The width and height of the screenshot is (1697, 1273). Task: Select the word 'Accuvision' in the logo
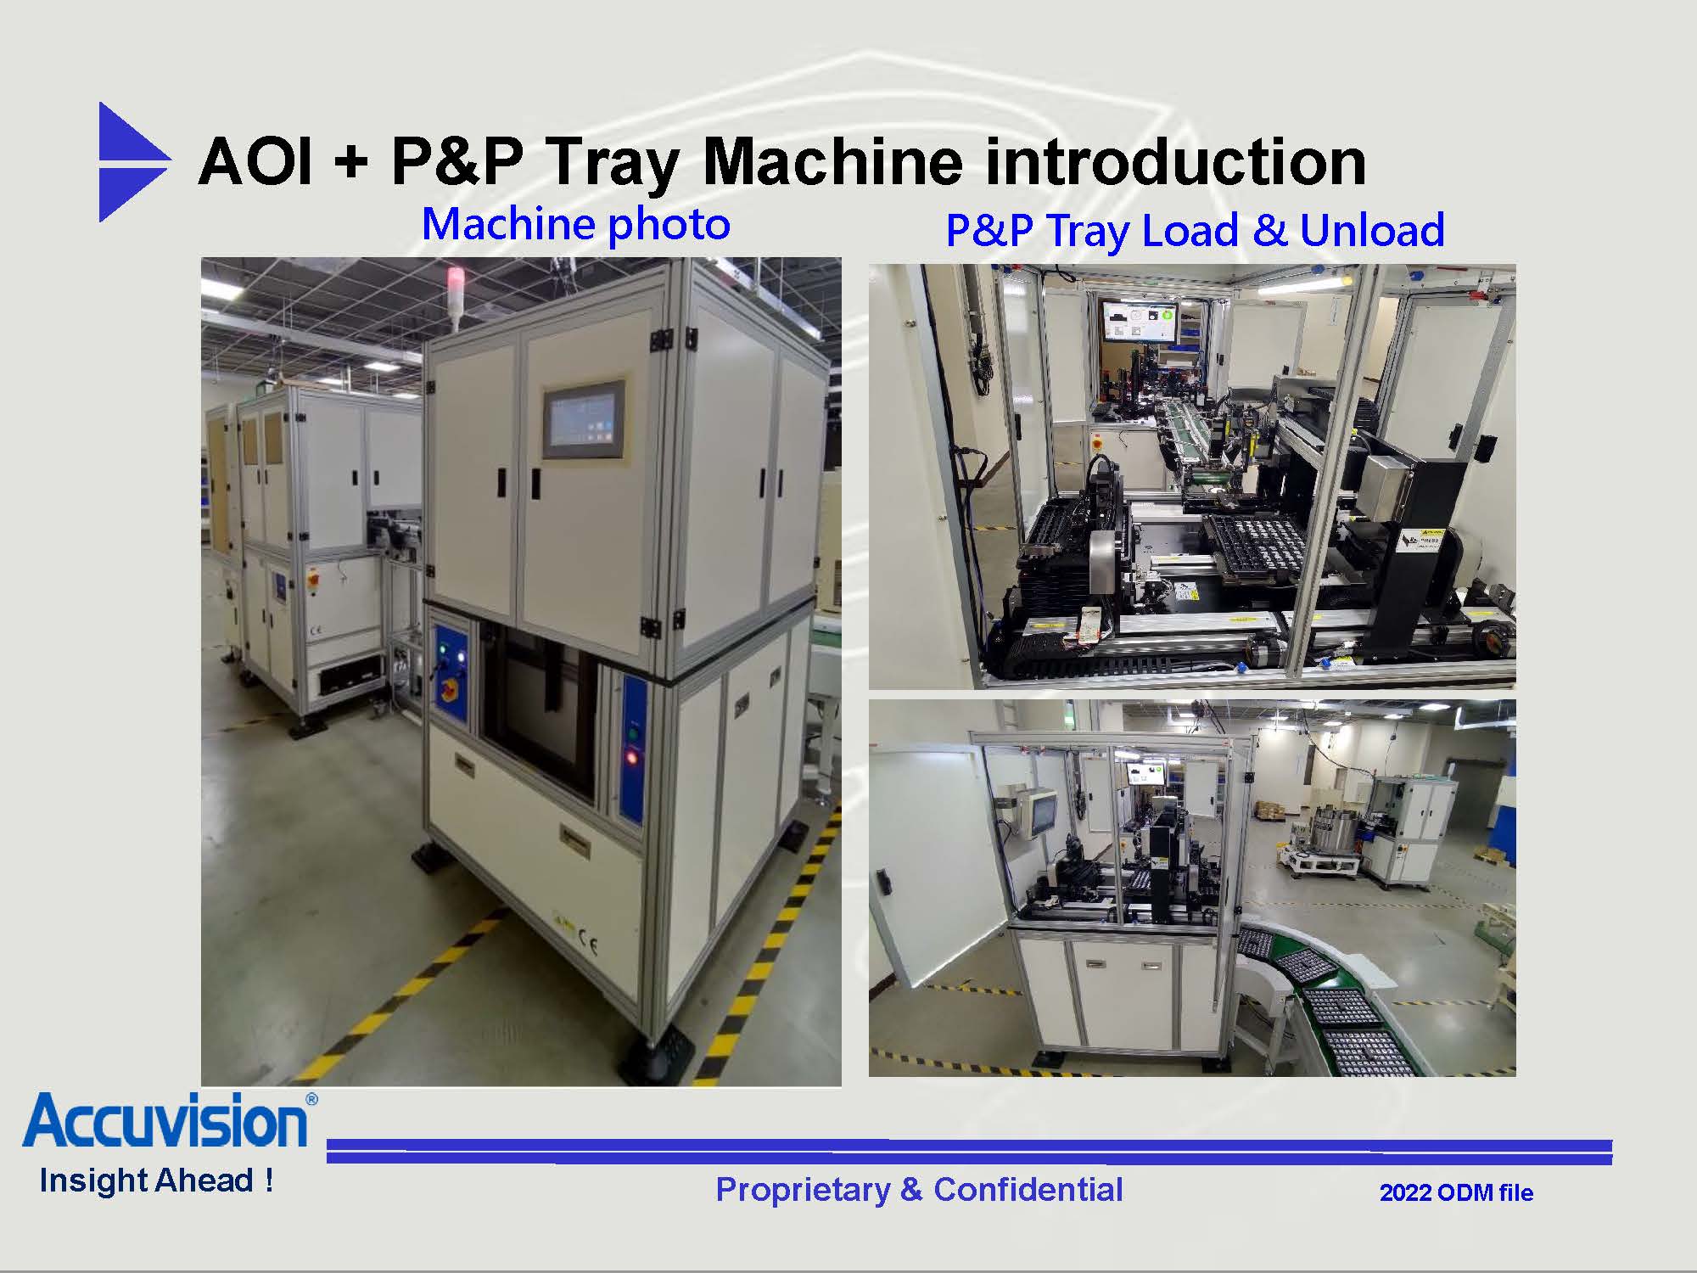click(x=165, y=1122)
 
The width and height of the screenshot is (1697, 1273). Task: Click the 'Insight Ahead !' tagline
click(x=157, y=1180)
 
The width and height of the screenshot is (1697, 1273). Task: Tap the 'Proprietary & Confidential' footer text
click(x=919, y=1190)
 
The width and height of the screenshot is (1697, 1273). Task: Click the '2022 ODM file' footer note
click(x=1456, y=1192)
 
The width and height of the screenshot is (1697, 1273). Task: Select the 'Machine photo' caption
click(x=575, y=224)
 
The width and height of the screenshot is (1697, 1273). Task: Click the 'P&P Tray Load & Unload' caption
click(x=1195, y=230)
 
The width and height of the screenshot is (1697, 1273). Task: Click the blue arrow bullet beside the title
click(x=132, y=161)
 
